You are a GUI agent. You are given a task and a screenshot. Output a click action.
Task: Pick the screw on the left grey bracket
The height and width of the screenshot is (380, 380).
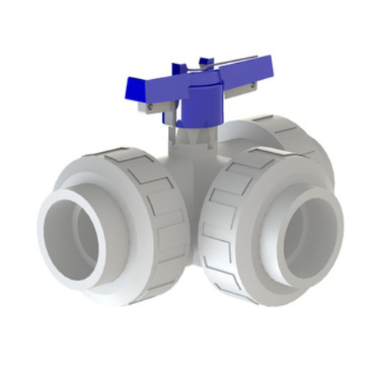click(150, 108)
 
